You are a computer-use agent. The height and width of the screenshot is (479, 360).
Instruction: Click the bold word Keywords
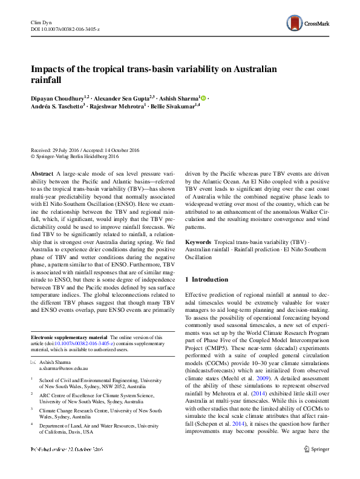pos(198,242)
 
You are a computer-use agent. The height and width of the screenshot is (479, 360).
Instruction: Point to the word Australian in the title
pos(253,69)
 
